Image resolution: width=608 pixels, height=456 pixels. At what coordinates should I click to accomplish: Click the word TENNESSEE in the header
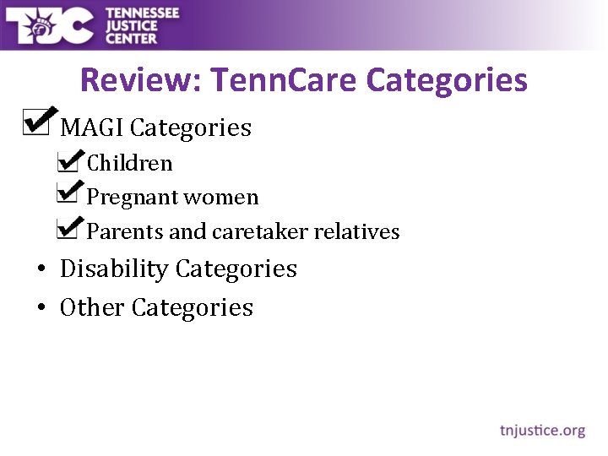(143, 12)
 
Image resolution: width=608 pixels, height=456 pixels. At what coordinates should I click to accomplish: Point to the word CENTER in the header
(131, 38)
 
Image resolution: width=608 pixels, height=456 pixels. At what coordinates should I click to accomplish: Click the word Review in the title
(139, 81)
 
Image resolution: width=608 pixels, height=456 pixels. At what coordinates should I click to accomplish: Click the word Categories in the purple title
(447, 81)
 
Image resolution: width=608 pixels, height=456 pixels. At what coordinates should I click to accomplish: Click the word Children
(130, 163)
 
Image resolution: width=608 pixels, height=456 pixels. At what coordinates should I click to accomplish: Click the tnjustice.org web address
(542, 431)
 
